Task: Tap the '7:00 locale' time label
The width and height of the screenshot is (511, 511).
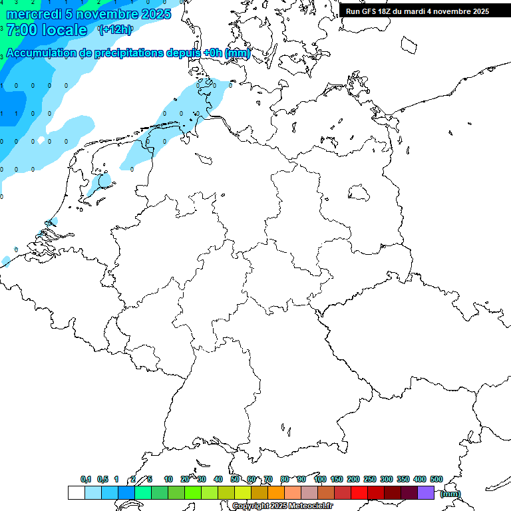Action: pyautogui.click(x=46, y=30)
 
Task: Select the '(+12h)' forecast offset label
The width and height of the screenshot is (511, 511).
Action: pyautogui.click(x=115, y=29)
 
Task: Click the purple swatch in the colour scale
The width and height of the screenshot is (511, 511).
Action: pyautogui.click(x=426, y=492)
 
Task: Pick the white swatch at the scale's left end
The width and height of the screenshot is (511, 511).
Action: pyautogui.click(x=76, y=492)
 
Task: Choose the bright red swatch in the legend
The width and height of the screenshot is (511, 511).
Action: pyautogui.click(x=359, y=492)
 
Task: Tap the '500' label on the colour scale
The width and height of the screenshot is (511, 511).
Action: pyautogui.click(x=436, y=479)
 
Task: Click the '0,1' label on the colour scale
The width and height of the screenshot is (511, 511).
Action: pyautogui.click(x=86, y=479)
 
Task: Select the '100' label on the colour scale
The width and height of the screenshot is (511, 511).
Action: pyautogui.click(x=319, y=479)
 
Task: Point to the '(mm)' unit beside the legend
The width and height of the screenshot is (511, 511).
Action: pyautogui.click(x=450, y=494)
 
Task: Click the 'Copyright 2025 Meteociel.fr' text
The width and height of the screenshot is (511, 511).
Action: pyautogui.click(x=282, y=506)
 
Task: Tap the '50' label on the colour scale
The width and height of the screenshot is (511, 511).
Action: pyautogui.click(x=235, y=479)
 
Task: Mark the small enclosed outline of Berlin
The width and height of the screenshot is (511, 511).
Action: pyautogui.click(x=359, y=192)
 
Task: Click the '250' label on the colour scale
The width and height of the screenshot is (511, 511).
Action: pyautogui.click(x=370, y=479)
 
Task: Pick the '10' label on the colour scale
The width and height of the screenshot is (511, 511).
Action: pyautogui.click(x=168, y=479)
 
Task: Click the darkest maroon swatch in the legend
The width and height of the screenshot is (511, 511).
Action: pyautogui.click(x=409, y=492)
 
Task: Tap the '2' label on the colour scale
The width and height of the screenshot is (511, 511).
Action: pyautogui.click(x=133, y=479)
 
